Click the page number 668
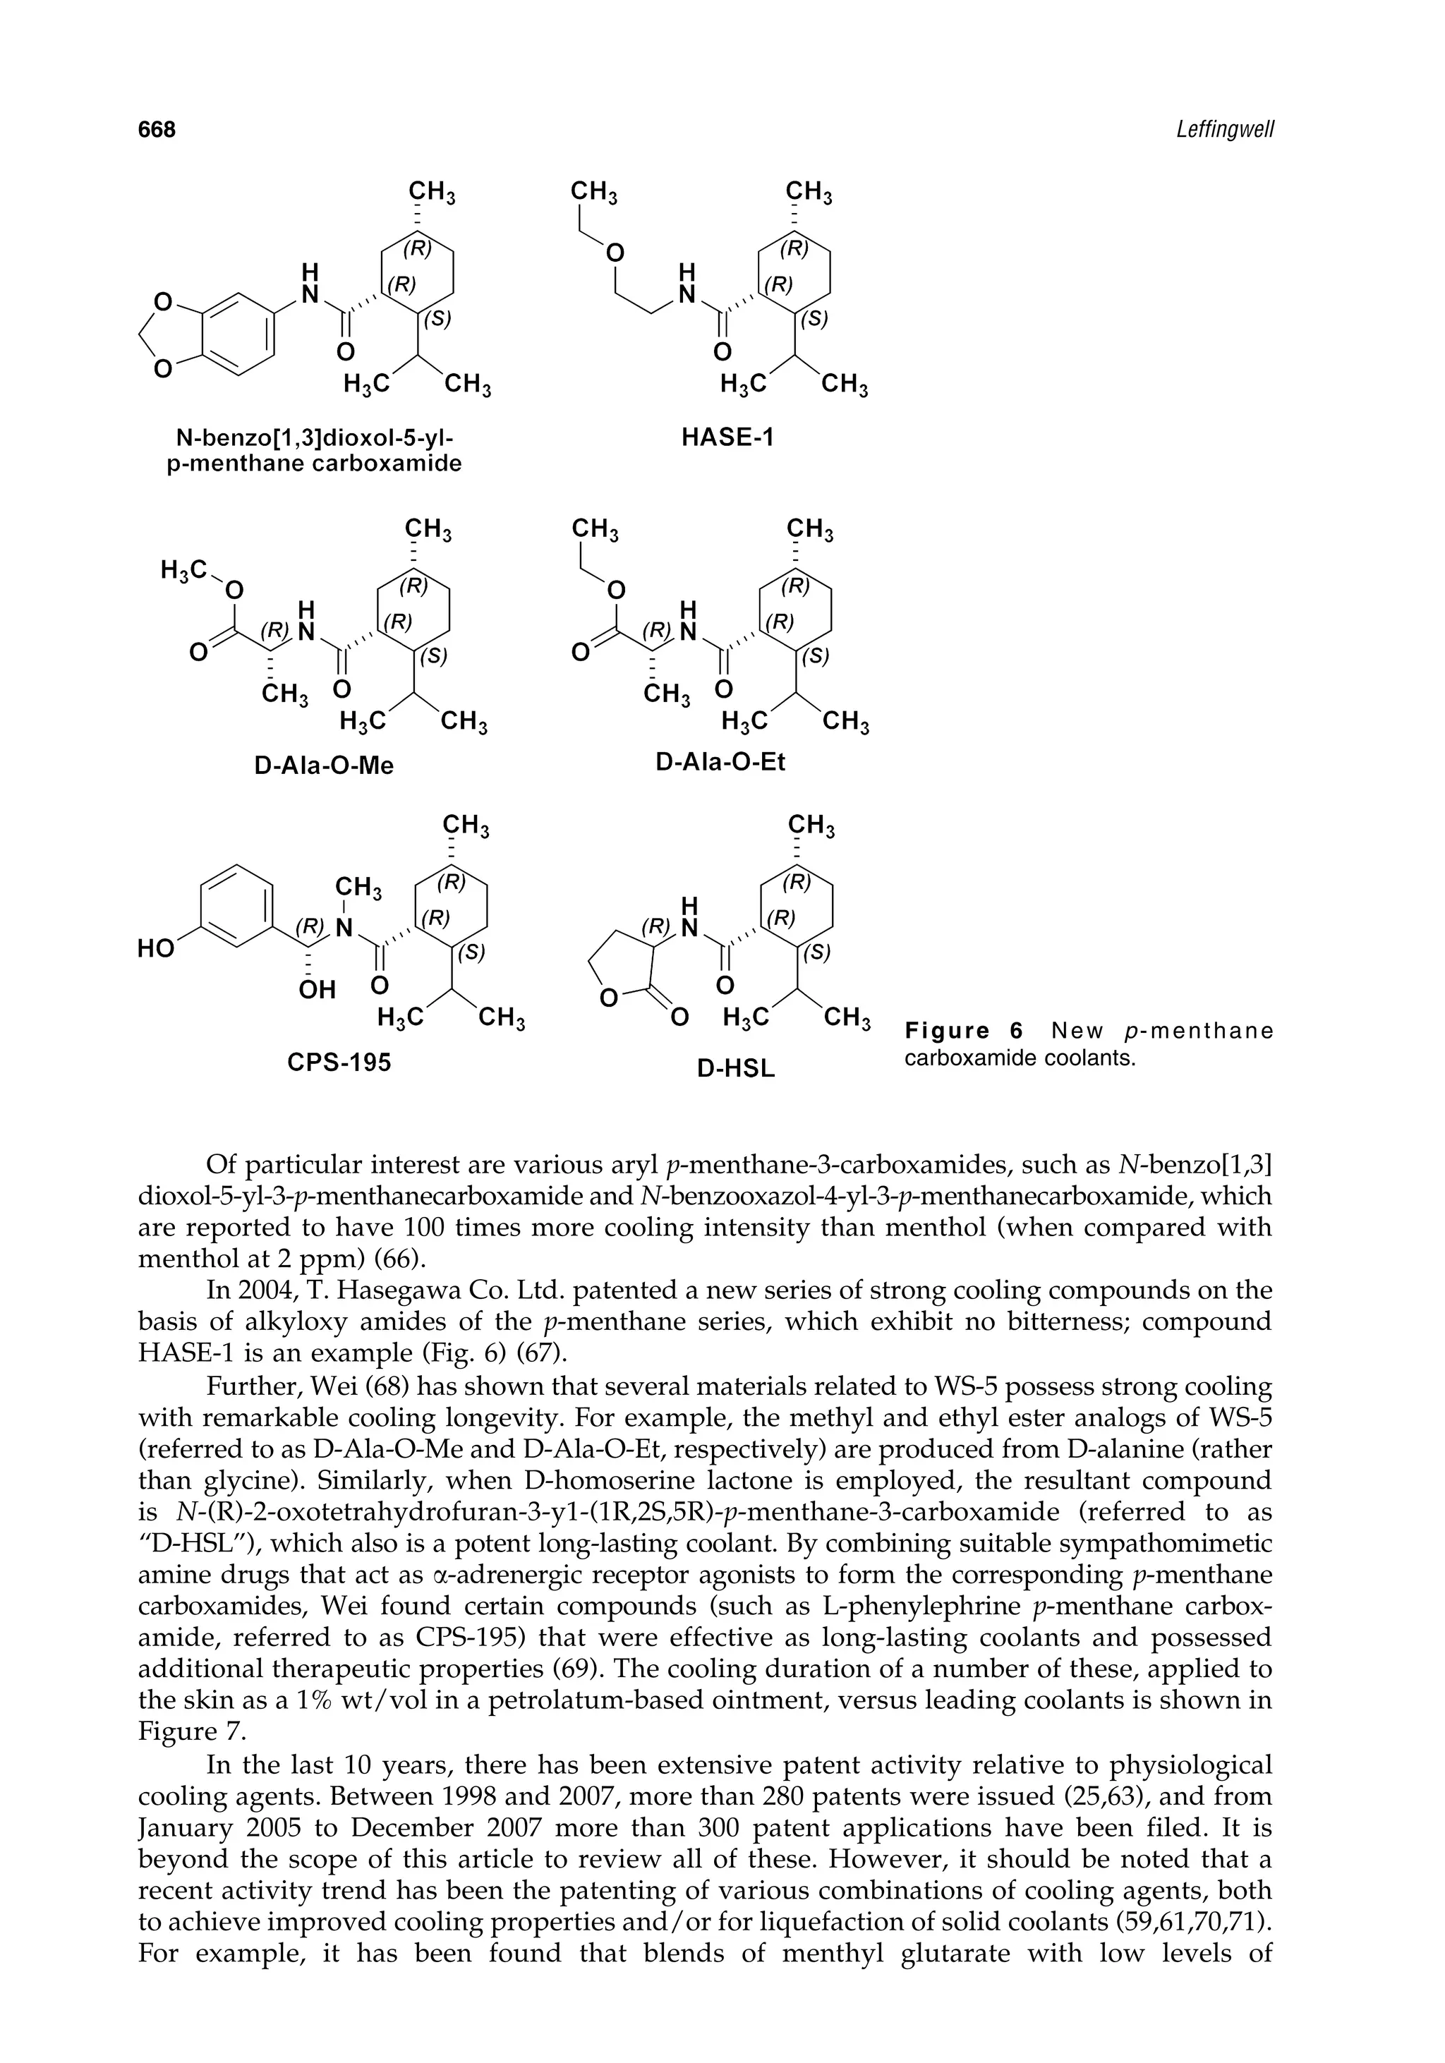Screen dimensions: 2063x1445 (x=157, y=131)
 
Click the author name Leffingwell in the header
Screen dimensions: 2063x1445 (x=1225, y=131)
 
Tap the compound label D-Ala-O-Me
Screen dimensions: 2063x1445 (x=324, y=766)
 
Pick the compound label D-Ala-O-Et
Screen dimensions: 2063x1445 (x=720, y=763)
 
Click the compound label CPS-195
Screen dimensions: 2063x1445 (x=339, y=1063)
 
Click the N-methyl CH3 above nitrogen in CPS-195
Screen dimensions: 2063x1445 (x=358, y=888)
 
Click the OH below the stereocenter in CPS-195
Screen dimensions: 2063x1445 (x=315, y=990)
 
